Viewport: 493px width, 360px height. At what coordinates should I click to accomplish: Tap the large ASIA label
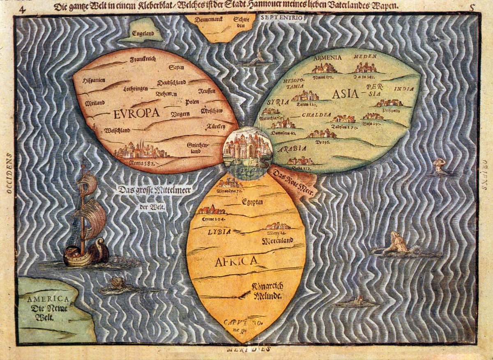tap(345, 94)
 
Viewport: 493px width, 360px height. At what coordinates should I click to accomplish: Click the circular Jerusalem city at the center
tap(247, 153)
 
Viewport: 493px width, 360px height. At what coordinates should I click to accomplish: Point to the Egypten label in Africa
tap(252, 202)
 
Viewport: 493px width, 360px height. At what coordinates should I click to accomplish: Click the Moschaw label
tap(211, 111)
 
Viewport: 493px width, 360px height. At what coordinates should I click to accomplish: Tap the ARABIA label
tap(293, 149)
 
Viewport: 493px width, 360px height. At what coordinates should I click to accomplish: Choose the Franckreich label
tap(143, 60)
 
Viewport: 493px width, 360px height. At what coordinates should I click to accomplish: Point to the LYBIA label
tap(219, 232)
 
